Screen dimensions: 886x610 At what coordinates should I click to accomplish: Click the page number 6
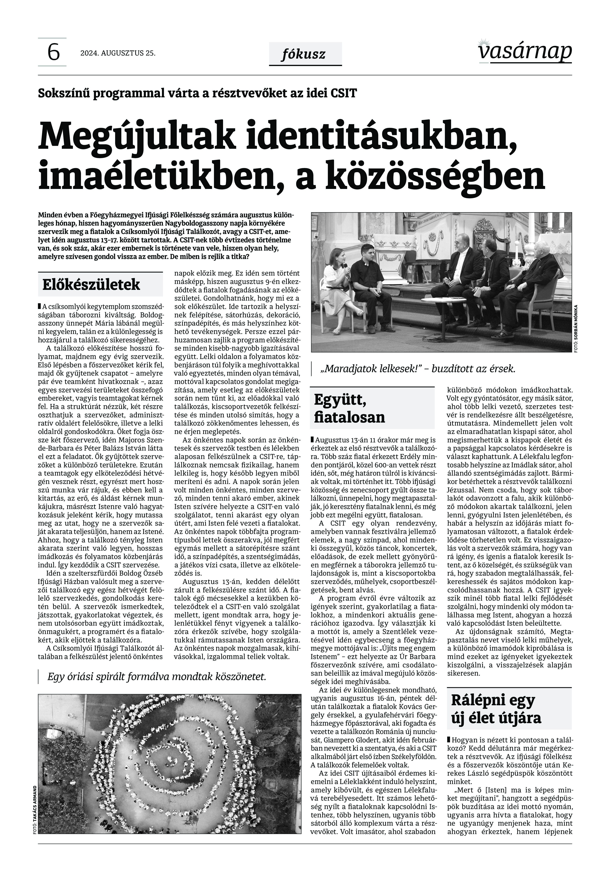[53, 52]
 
